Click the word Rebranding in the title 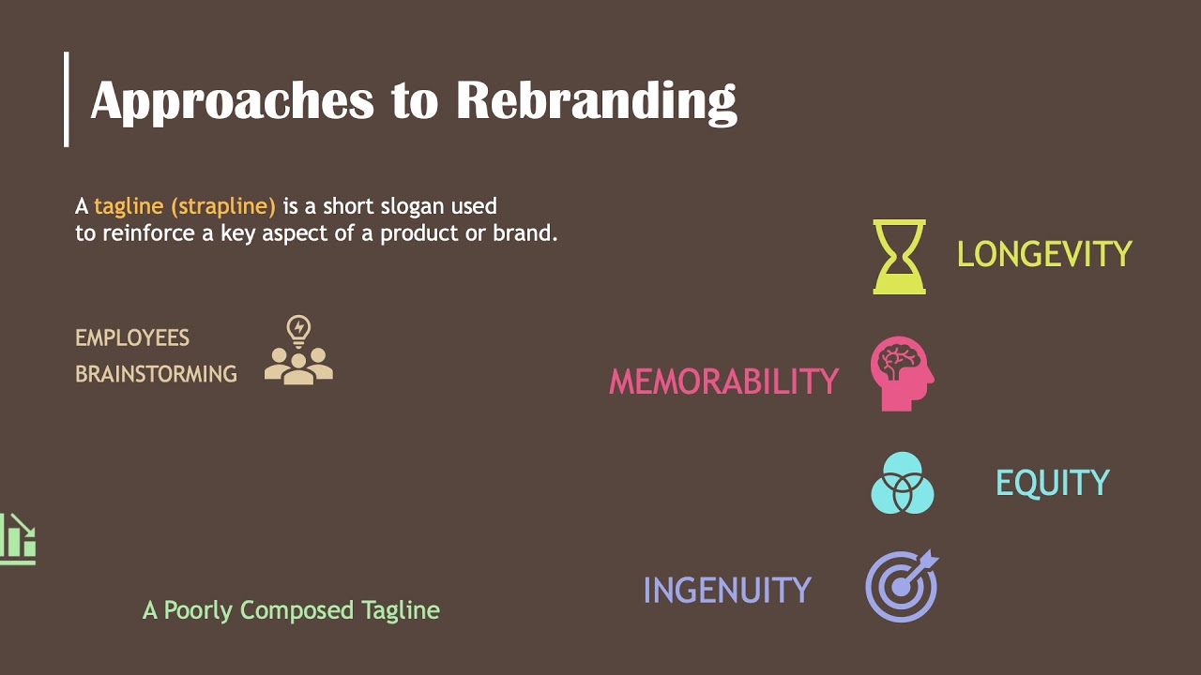(x=596, y=100)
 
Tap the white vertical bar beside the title (x=66, y=98)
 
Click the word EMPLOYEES (x=132, y=337)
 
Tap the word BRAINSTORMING (x=156, y=374)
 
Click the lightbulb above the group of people (x=298, y=330)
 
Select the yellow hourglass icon (x=899, y=256)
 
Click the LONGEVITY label (x=1044, y=254)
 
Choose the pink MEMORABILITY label (x=723, y=382)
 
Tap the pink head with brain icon (x=902, y=373)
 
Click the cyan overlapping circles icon (x=903, y=483)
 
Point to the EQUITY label (x=1052, y=483)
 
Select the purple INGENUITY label (x=727, y=591)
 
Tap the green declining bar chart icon (x=18, y=539)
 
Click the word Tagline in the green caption (x=401, y=610)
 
